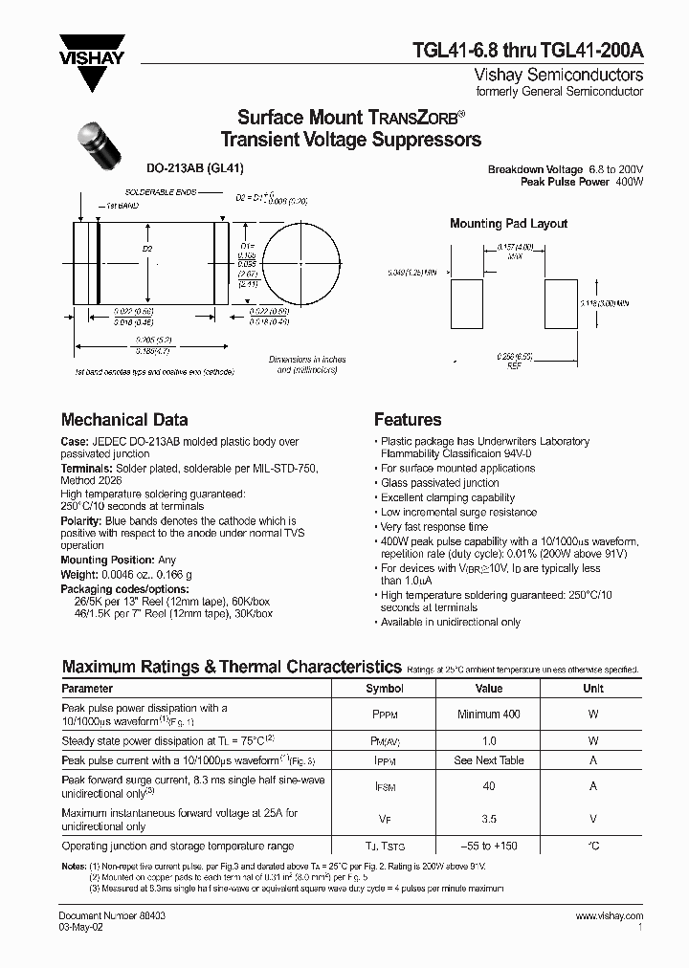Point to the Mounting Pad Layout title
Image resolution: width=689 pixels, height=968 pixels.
(508, 224)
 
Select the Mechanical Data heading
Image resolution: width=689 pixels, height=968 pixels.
(124, 420)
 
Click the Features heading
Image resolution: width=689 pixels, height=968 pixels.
(408, 420)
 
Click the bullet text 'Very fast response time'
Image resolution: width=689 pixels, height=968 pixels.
(433, 527)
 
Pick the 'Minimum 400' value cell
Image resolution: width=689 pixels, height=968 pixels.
(489, 714)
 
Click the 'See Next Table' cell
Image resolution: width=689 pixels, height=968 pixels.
(489, 760)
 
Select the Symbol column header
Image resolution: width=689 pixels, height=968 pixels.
(385, 689)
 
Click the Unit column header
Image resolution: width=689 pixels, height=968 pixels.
(593, 689)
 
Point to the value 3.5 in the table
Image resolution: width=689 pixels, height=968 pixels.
(489, 820)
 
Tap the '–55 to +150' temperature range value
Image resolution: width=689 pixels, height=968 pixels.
(489, 847)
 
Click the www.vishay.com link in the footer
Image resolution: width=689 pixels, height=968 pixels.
(610, 916)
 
